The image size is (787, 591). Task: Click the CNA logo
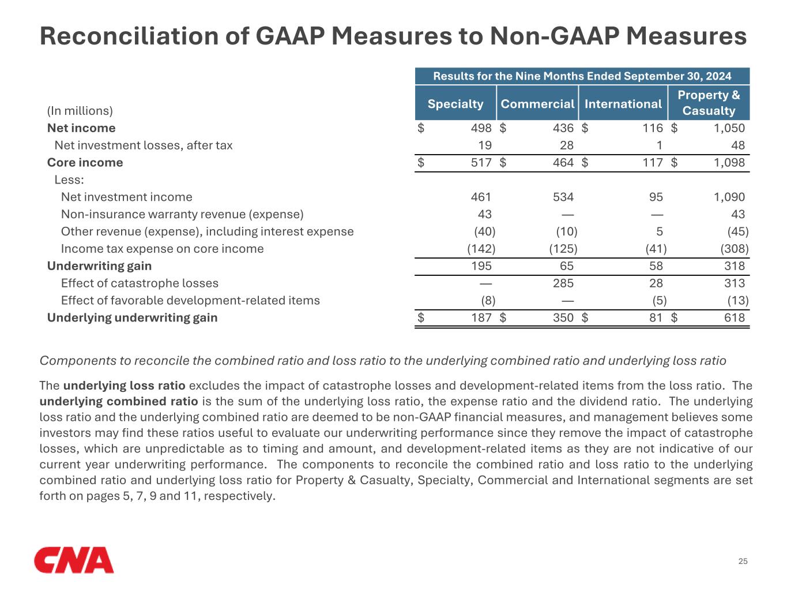point(74,560)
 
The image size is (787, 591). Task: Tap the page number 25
point(743,562)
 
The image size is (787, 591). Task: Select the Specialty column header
point(455,104)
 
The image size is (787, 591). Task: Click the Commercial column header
point(537,104)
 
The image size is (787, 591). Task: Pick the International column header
point(623,104)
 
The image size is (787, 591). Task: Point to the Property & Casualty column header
point(709,103)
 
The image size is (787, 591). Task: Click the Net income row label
point(81,128)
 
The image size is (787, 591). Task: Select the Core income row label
point(85,163)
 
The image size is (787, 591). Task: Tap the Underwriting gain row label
point(99,266)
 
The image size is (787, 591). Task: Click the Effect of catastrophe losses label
point(140,283)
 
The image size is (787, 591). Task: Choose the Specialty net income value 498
point(481,128)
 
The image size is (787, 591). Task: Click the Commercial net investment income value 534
point(563,197)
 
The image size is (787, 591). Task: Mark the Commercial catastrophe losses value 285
point(563,283)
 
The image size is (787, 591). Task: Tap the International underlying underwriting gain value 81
point(656,318)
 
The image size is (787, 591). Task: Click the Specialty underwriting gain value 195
point(481,266)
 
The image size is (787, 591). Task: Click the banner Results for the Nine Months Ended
point(582,76)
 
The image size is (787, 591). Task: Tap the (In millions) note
point(80,111)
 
